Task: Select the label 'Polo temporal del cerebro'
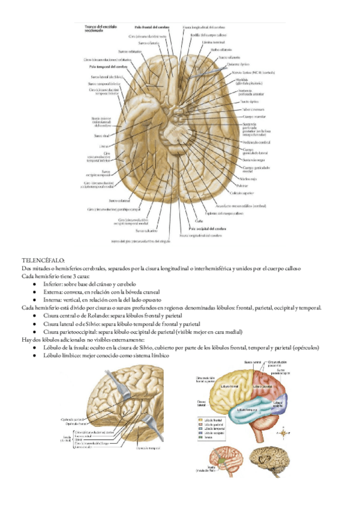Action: (x=101, y=68)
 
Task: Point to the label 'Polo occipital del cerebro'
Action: (x=207, y=229)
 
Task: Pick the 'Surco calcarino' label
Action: (x=146, y=230)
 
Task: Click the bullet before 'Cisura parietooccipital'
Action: (x=37, y=331)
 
